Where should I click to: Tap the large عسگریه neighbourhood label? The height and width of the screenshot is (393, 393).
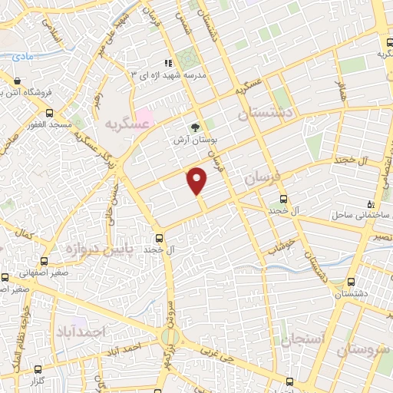[125, 123]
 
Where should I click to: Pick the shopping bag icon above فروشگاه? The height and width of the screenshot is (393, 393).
[17, 79]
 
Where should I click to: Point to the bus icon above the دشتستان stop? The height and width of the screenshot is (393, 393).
[351, 281]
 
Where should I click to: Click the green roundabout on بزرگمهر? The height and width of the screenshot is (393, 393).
[170, 336]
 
